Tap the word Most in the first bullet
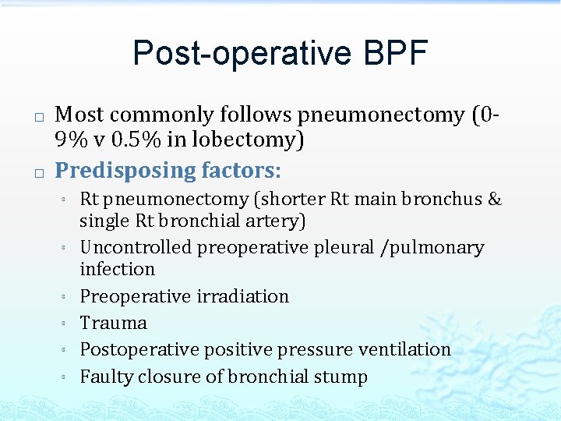click(80, 115)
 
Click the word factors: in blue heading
click(242, 170)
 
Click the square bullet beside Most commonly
click(38, 118)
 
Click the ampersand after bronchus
click(494, 200)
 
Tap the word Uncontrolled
click(136, 248)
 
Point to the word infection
click(118, 269)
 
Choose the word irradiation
click(242, 296)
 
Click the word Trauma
click(114, 323)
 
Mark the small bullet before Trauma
click(61, 324)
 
